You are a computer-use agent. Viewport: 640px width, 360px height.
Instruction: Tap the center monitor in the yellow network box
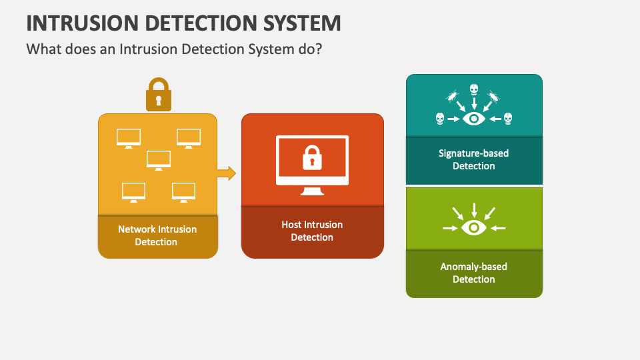159,160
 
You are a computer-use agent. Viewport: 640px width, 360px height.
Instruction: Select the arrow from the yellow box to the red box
227,173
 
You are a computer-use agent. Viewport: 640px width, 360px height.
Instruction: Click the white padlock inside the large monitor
312,157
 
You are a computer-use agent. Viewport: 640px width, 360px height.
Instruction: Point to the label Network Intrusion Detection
157,235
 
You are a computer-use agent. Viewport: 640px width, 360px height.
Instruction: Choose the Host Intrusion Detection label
312,231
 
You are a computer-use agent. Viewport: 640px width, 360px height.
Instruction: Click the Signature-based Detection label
473,159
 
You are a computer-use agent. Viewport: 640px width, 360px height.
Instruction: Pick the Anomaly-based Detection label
473,273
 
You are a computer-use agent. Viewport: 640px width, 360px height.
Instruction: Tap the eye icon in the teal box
474,119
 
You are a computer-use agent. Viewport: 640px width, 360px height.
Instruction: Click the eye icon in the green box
474,228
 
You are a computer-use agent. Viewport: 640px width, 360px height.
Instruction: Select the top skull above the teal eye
474,89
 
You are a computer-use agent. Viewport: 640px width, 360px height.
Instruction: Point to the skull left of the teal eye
440,119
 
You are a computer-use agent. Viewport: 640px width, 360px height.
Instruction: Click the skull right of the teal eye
508,119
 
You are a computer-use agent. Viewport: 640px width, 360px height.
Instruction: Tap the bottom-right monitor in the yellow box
183,192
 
